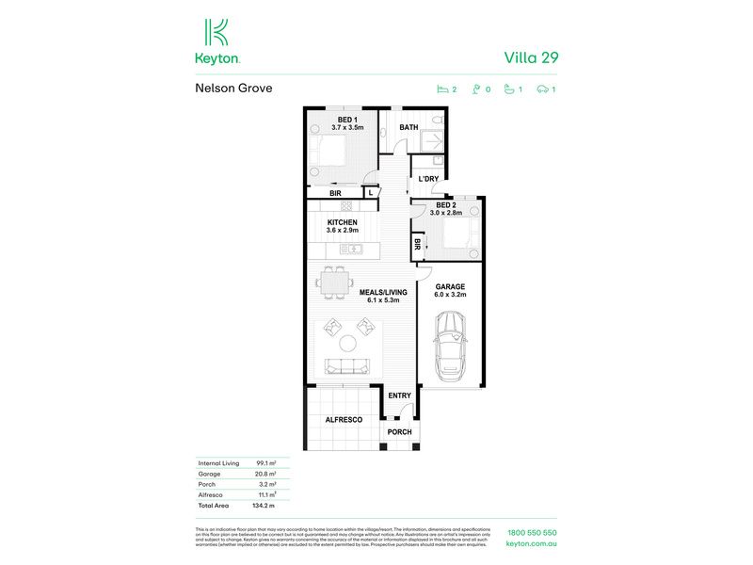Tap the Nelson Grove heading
pyautogui.click(x=233, y=89)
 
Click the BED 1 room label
pyautogui.click(x=346, y=121)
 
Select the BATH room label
pyautogui.click(x=409, y=127)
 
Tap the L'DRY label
pyautogui.click(x=428, y=179)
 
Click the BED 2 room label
pyautogui.click(x=447, y=205)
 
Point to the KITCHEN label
pyautogui.click(x=341, y=223)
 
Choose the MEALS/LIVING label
pyautogui.click(x=380, y=293)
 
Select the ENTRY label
pyautogui.click(x=400, y=395)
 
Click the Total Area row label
pyautogui.click(x=215, y=505)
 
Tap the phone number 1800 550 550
pyautogui.click(x=531, y=533)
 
